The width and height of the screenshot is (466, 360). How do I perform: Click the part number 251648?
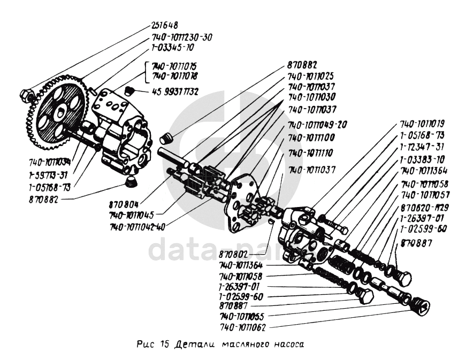point(164,25)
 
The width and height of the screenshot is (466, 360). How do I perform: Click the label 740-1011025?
point(311,76)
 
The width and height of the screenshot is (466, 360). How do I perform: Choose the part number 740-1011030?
point(311,98)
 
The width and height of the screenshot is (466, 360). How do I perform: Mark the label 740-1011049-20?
point(318,124)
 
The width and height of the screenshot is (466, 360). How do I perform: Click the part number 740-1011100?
point(311,137)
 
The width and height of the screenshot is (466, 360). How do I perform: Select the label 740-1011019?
point(423,123)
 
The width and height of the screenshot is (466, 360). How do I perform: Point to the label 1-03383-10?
point(422,159)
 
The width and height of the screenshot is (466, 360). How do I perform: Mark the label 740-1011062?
point(243,326)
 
